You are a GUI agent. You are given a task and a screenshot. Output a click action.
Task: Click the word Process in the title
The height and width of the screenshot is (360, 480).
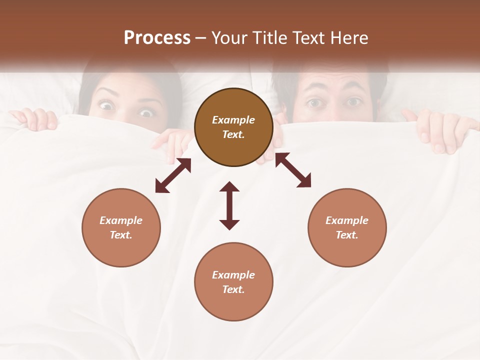click(157, 38)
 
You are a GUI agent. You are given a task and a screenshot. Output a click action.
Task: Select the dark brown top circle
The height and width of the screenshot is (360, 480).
click(233, 127)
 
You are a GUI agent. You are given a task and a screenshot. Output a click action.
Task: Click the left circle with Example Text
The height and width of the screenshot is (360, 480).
click(121, 227)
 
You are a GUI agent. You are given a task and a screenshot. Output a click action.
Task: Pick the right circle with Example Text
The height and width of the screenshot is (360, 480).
click(347, 227)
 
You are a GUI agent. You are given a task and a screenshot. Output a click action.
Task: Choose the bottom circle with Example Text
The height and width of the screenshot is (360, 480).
click(233, 282)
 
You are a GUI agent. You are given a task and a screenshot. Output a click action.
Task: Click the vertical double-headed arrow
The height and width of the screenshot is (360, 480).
click(229, 206)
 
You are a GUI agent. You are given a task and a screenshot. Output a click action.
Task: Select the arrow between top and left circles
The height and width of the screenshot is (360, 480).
click(173, 175)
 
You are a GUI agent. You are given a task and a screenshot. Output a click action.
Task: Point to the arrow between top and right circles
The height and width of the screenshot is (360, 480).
click(293, 170)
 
